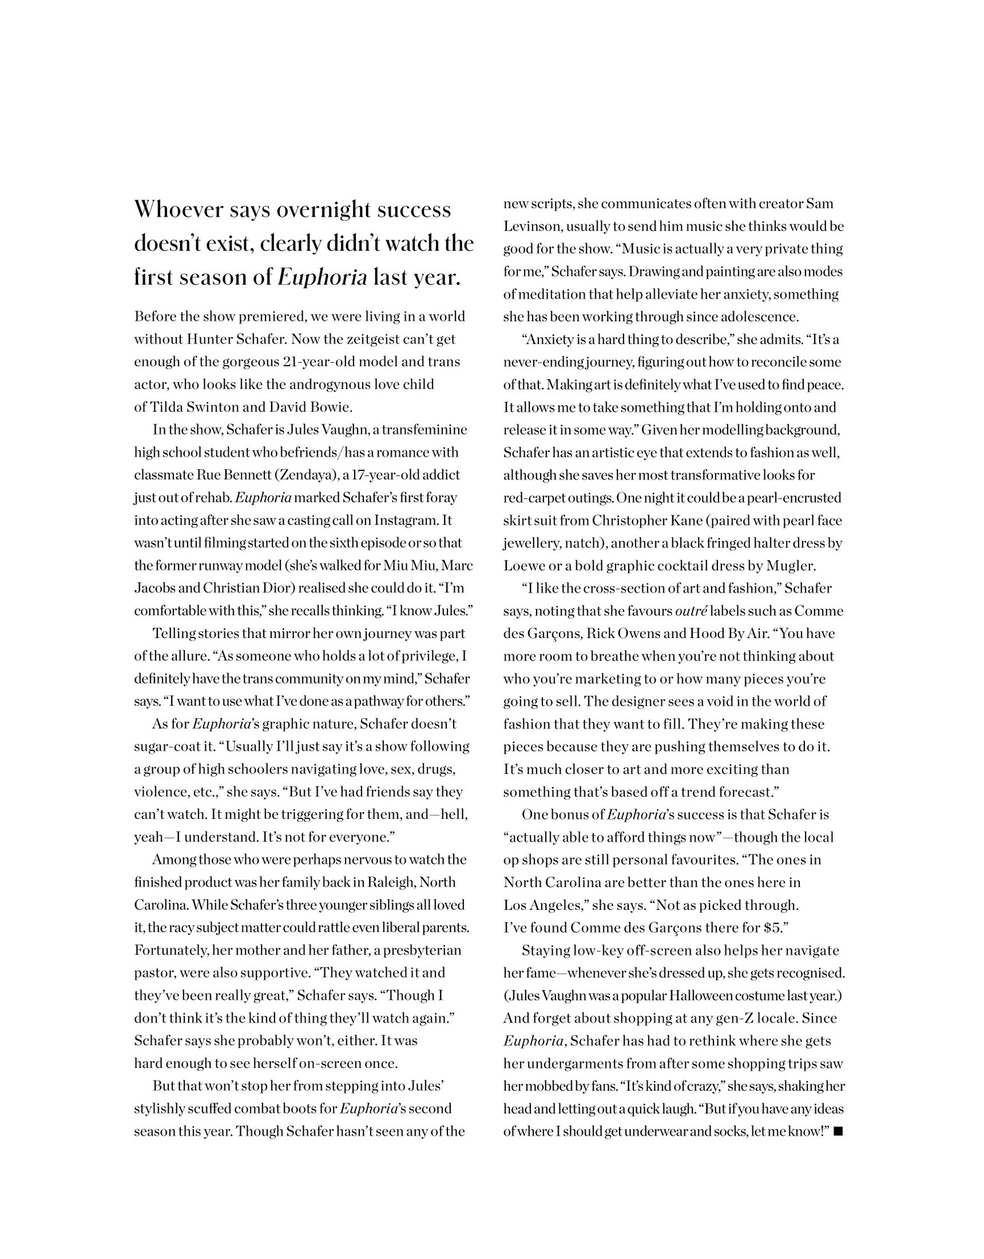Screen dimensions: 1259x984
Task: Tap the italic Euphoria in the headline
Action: [x=322, y=278]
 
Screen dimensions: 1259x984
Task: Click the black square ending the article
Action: [x=838, y=1131]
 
